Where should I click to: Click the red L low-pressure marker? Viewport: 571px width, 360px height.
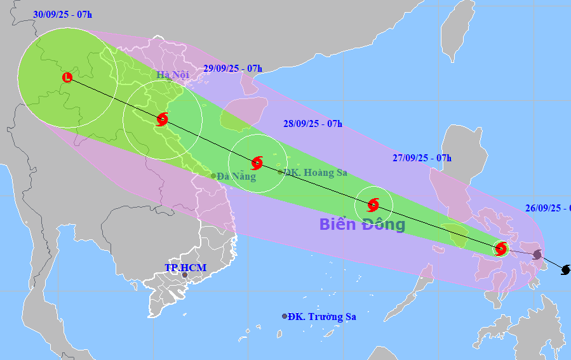tap(67, 78)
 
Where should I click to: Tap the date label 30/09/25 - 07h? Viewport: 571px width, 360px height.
tap(62, 14)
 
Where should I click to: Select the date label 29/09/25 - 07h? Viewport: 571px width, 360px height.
tap(233, 69)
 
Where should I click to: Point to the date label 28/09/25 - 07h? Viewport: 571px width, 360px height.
tap(312, 124)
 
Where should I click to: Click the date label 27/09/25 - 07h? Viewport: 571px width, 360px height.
tap(422, 158)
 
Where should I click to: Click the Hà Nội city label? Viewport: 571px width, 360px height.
tap(173, 75)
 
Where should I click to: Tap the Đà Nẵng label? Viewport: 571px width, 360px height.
tap(236, 177)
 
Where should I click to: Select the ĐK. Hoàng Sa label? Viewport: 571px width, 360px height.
tap(315, 172)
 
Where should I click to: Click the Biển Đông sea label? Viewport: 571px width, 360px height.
tap(361, 224)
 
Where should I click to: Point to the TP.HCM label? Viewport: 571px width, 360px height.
tap(185, 268)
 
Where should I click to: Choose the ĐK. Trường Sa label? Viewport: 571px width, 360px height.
tap(321, 317)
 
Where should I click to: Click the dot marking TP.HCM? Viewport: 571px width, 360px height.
tap(185, 276)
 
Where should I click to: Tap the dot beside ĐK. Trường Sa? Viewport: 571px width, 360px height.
tap(285, 316)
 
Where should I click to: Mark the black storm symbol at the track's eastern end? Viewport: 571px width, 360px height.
tap(565, 270)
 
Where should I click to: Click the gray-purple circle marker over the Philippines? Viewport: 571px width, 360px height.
tap(537, 255)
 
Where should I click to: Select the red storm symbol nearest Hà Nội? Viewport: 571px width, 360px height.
tap(162, 119)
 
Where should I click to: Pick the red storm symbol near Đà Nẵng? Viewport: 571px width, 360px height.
tap(257, 163)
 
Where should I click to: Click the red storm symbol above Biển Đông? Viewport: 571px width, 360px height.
tap(373, 204)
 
